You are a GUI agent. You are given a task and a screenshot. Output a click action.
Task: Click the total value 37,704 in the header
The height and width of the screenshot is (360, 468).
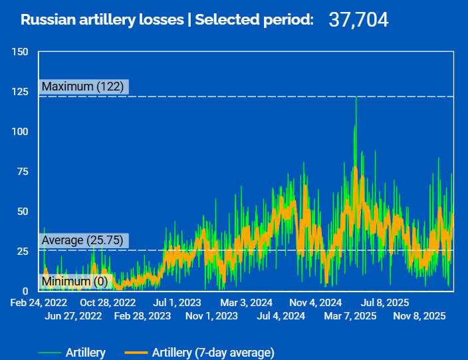coord(358,20)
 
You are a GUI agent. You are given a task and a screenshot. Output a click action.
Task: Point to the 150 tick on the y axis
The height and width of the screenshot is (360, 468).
coord(20,52)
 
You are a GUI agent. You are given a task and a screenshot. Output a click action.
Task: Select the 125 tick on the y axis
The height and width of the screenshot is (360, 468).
coord(20,92)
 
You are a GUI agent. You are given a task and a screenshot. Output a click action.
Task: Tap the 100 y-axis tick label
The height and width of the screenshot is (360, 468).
coord(20,132)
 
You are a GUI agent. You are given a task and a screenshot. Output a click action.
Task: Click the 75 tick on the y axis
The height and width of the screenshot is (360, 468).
coord(23,172)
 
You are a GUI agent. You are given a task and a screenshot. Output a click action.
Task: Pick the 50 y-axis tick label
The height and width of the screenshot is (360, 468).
coord(23,212)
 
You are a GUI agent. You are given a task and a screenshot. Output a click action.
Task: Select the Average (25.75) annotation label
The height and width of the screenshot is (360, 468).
coord(84,240)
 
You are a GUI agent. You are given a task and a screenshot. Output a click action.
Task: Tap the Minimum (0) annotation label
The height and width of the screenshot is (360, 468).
coord(74,282)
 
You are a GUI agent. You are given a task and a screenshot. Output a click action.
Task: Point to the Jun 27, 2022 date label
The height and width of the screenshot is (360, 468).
coord(73,315)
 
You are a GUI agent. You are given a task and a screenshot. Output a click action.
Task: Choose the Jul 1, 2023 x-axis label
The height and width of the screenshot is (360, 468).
coord(177,303)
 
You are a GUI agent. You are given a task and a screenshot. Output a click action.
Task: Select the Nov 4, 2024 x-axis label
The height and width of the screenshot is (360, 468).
coord(316,303)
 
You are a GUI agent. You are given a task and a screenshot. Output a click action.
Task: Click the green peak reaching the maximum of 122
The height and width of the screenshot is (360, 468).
coord(356,98)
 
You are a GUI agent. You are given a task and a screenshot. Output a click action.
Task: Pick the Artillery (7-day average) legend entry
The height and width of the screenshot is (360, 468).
coord(213,353)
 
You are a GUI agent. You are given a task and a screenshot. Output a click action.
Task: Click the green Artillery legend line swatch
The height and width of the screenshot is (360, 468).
coord(49,353)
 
